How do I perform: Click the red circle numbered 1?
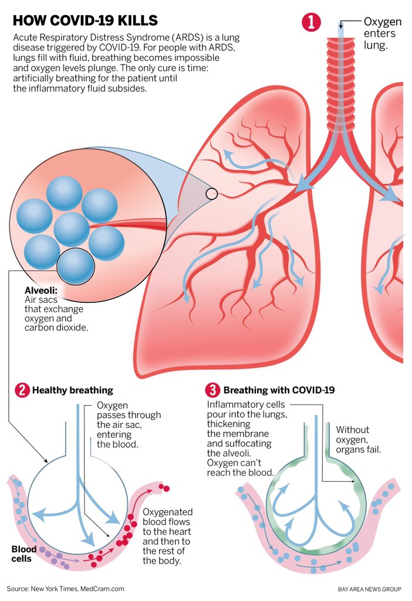click(x=310, y=22)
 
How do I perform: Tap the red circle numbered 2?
click(x=22, y=390)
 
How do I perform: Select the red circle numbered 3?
click(x=212, y=390)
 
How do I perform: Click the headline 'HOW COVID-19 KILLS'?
click(x=85, y=21)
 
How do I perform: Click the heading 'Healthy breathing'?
click(x=73, y=390)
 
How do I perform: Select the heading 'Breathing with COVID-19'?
click(x=279, y=390)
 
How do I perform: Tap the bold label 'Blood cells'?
click(x=24, y=554)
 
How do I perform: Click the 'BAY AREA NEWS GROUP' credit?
click(x=370, y=589)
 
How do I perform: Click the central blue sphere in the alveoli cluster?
click(x=71, y=229)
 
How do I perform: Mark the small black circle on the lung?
click(x=212, y=193)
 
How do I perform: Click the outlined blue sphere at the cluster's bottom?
click(x=76, y=265)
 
